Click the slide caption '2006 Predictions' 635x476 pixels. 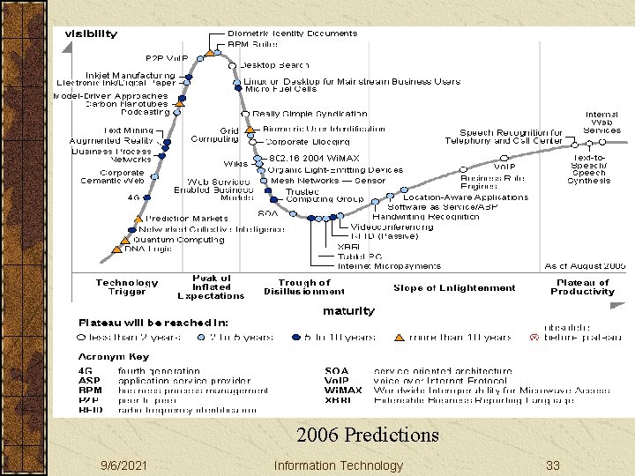point(367,435)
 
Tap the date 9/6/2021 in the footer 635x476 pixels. point(123,465)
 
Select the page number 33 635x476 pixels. point(553,465)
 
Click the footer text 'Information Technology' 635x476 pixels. point(338,465)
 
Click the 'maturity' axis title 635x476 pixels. point(348,310)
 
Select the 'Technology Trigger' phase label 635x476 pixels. point(127,287)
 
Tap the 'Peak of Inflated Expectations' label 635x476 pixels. point(212,287)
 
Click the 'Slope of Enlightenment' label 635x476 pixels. point(454,287)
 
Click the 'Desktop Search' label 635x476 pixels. point(274,64)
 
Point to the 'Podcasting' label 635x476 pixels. point(146,113)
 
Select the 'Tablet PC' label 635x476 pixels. point(359,257)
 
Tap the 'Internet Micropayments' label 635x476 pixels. point(389,265)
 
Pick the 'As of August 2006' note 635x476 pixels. point(585,265)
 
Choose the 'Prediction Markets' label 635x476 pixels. point(186,219)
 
